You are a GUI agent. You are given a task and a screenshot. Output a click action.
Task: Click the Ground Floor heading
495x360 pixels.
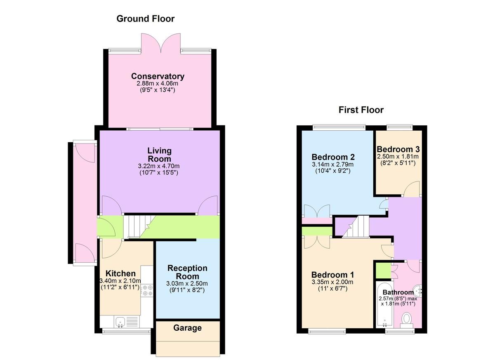[145, 19]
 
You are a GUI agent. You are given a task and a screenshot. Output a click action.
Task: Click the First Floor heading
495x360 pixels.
[361, 110]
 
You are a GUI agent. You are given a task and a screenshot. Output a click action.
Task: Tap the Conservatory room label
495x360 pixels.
[158, 76]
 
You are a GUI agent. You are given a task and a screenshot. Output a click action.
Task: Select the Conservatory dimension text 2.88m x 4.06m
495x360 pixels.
[157, 84]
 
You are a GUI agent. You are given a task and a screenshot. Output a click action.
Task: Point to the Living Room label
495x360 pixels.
[159, 155]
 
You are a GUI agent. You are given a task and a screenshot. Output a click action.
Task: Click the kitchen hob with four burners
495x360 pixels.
[147, 290]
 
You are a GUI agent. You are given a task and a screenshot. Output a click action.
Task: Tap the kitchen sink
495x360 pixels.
[120, 322]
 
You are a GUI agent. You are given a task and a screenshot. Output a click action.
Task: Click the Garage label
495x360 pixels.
[187, 328]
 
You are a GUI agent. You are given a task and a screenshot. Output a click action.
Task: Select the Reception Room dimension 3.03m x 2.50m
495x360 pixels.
[187, 283]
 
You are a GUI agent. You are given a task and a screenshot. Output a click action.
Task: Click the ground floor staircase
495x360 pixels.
[139, 227]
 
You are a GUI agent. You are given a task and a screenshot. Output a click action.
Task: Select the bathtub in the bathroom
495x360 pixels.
[385, 305]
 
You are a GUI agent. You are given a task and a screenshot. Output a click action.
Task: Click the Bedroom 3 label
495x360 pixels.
[398, 149]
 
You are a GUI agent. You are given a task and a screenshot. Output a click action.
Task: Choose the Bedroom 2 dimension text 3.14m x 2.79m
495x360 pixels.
[333, 164]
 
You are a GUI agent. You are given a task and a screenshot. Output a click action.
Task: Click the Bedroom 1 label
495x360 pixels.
[332, 275]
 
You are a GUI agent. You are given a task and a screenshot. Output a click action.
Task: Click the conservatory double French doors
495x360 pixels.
[161, 43]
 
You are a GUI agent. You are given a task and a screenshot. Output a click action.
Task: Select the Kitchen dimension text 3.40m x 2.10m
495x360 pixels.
[120, 281]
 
